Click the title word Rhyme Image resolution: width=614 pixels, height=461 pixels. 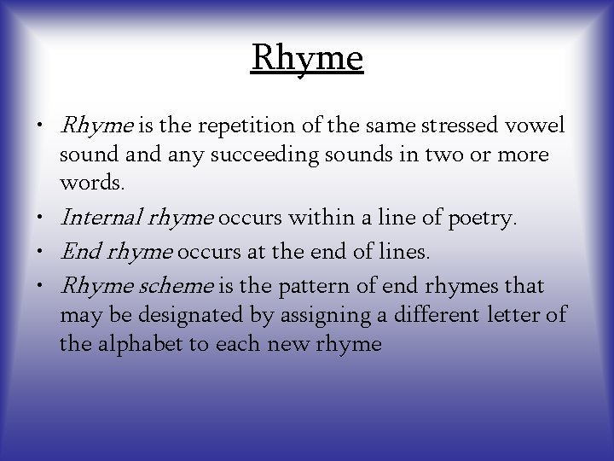pyautogui.click(x=307, y=58)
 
